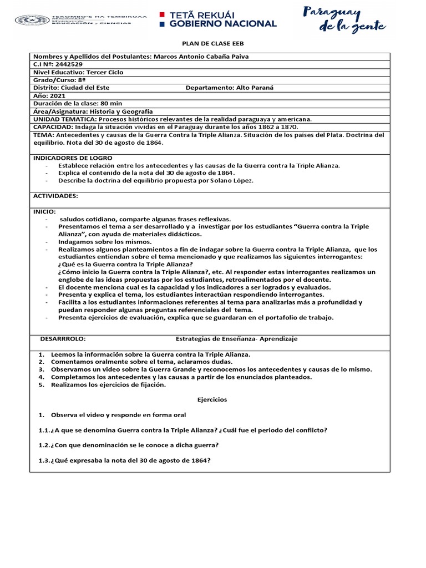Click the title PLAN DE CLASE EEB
point(214,43)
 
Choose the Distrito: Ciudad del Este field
point(72,88)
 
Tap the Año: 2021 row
point(49,95)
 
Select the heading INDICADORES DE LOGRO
point(73,158)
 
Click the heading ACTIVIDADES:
point(55,196)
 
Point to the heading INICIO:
point(45,211)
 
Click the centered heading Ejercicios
point(212,399)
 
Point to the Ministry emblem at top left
point(32,20)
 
